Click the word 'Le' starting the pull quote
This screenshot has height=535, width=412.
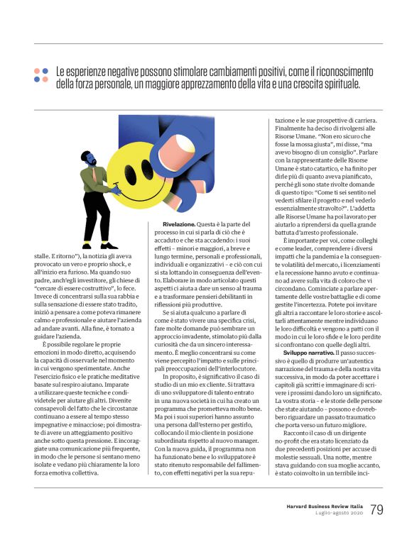(x=60, y=71)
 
